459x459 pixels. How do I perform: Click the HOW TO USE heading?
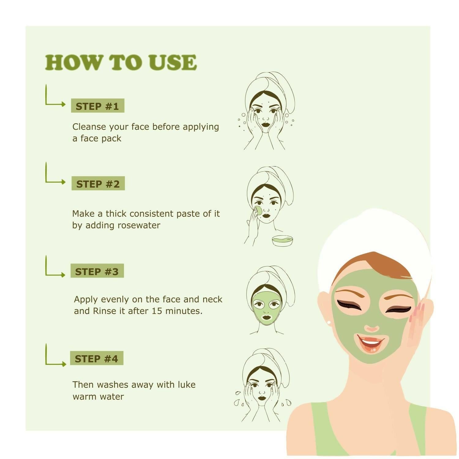pyautogui.click(x=121, y=62)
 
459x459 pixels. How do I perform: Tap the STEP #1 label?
pyautogui.click(x=97, y=106)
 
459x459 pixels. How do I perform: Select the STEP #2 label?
pyautogui.click(x=98, y=184)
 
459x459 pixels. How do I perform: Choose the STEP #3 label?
pyautogui.click(x=97, y=271)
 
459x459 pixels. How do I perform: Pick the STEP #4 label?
pyautogui.click(x=96, y=358)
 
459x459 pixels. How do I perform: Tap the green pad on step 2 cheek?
pyautogui.click(x=258, y=210)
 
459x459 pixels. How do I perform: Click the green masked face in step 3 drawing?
pyautogui.click(x=267, y=308)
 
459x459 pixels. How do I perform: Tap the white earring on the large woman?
pyautogui.click(x=329, y=322)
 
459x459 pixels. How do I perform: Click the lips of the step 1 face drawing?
pyautogui.click(x=265, y=125)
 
